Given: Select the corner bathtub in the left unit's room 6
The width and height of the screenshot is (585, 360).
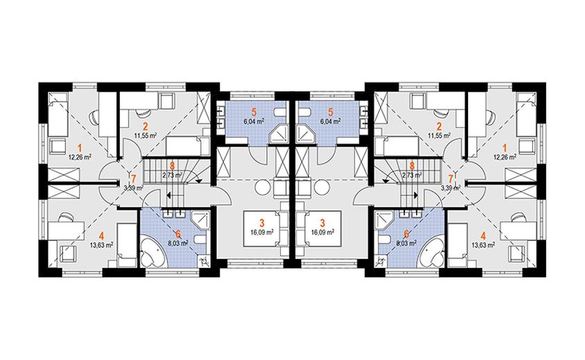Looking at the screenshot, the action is click(152, 253).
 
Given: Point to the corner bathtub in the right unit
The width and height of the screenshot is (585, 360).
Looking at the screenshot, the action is click(433, 253).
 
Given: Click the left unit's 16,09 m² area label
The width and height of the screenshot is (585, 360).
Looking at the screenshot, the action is click(262, 231).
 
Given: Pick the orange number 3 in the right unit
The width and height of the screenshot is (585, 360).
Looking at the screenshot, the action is click(323, 223).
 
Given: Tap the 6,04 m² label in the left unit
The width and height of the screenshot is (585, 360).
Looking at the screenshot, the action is click(254, 121).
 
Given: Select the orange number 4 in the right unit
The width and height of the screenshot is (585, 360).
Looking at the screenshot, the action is click(483, 236).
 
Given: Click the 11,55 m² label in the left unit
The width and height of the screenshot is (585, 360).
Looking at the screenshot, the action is click(145, 136).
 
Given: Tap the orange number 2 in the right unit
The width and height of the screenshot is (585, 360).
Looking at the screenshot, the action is click(440, 126).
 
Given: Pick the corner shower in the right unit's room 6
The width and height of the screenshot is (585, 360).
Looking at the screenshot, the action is click(385, 219).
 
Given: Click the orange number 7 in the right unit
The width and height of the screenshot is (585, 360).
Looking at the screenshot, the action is click(451, 179).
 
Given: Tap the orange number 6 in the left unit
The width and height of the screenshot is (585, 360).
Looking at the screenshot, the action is click(178, 234).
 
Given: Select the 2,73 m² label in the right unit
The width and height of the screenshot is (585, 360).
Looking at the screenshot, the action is click(411, 174).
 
